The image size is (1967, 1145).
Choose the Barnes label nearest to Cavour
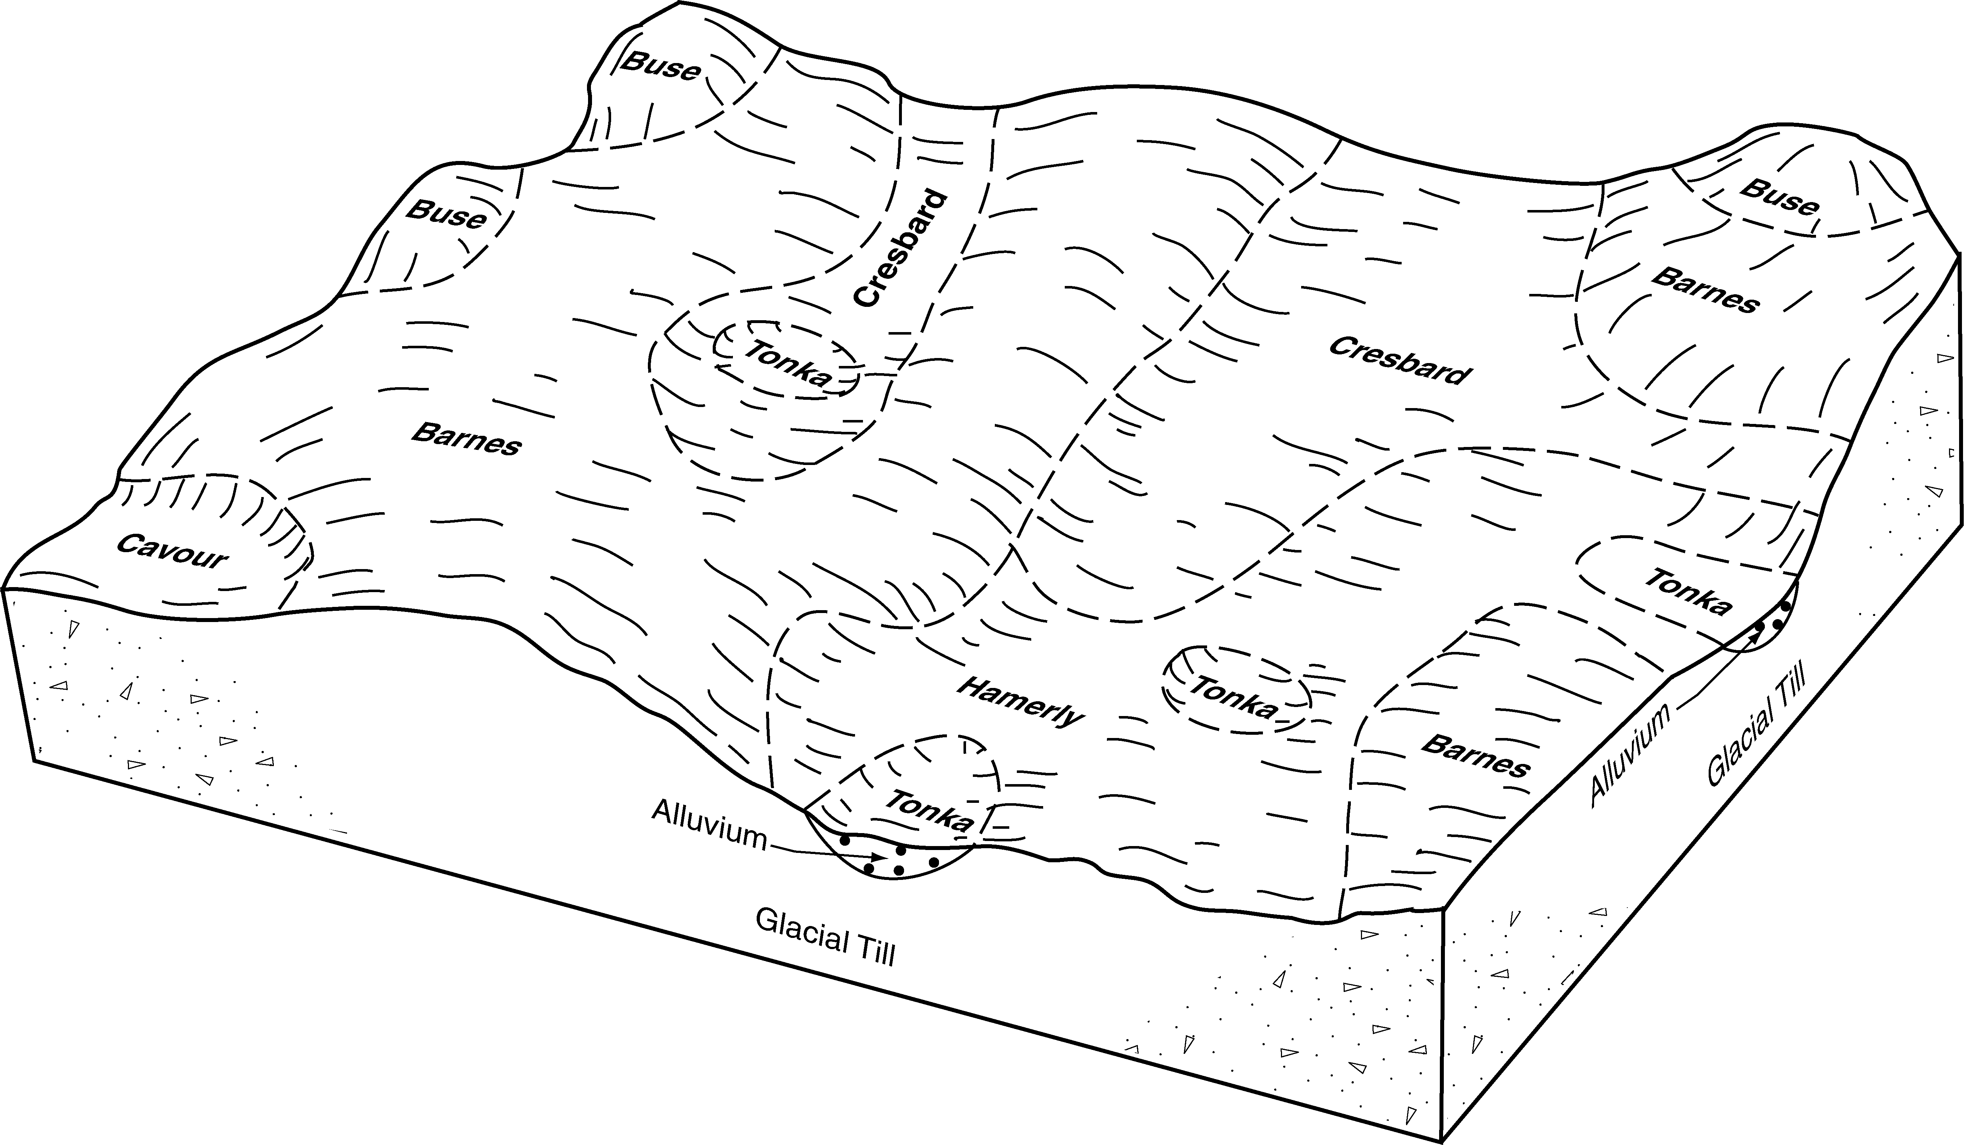point(466,438)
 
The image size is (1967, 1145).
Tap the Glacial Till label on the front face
point(825,938)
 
